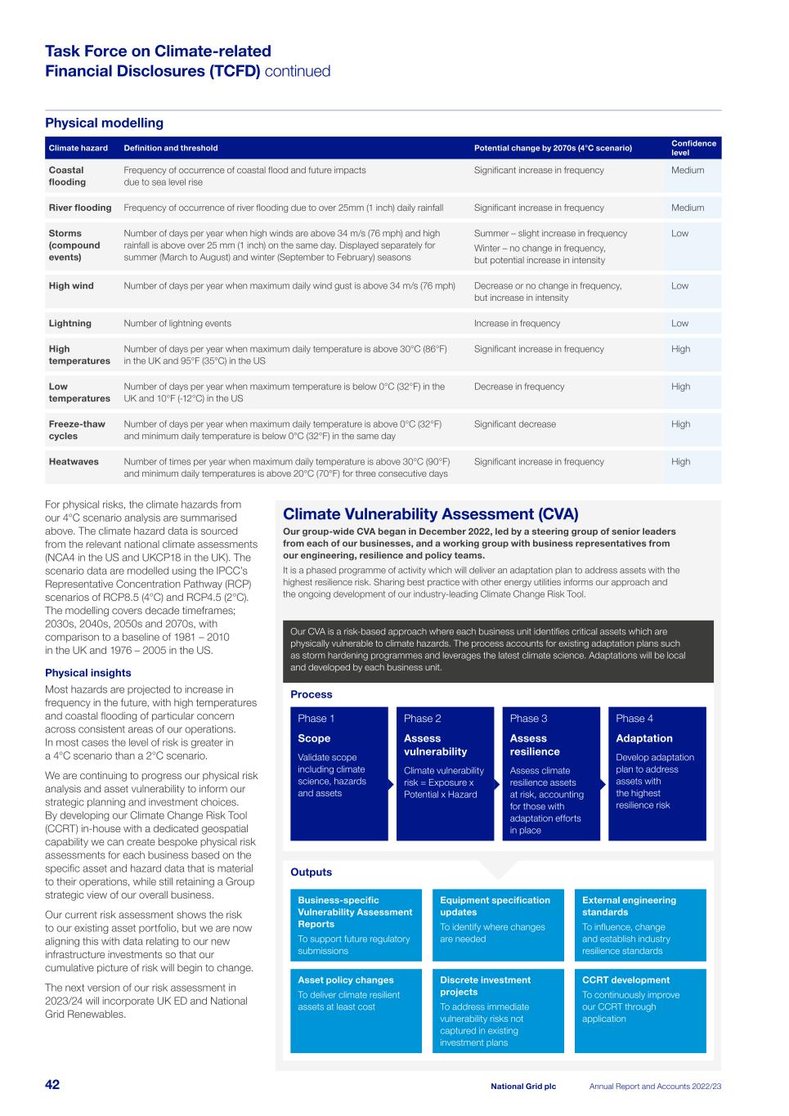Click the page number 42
pos(52,1085)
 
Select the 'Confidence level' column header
pos(693,148)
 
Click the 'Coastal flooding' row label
pos(67,176)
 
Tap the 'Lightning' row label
pos(69,323)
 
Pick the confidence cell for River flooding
pos(687,208)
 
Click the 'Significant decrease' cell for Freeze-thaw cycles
pos(514,424)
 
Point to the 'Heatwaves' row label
pos(74,462)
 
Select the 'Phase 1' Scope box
pos(338,773)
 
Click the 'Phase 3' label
pos(528,719)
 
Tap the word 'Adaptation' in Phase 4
pos(644,738)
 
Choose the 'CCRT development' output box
pos(640,1011)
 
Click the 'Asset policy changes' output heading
pos(346,980)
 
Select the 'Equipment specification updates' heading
pos(495,906)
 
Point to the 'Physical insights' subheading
pos(88,673)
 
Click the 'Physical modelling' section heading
pos(104,123)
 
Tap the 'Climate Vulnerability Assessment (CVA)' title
pos(430,514)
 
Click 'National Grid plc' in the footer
pos(522,1087)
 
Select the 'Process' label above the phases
pos(312,694)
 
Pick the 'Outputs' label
pos(312,872)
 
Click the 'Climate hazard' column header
pos(78,148)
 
